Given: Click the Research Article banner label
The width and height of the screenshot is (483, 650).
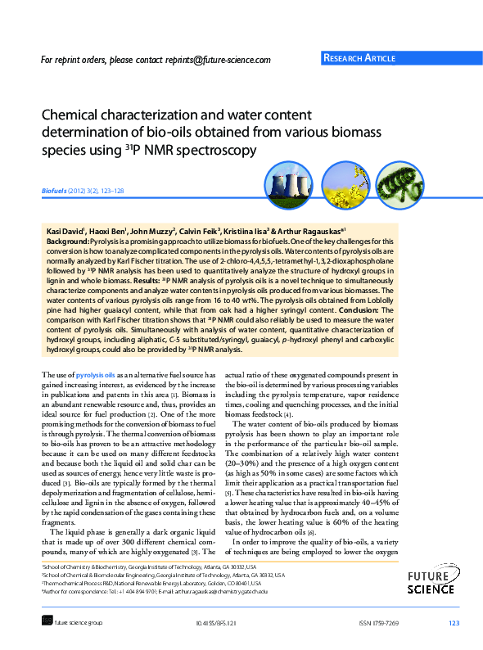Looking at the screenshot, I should tap(360, 58).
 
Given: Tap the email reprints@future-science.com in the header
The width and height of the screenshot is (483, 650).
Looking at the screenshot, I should tap(220, 60).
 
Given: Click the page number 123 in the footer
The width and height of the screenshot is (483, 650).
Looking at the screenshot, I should tap(454, 624).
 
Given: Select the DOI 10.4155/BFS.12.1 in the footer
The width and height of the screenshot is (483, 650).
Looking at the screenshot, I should tap(216, 624).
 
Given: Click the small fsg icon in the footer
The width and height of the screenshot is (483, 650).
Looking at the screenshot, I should tap(47, 623).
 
